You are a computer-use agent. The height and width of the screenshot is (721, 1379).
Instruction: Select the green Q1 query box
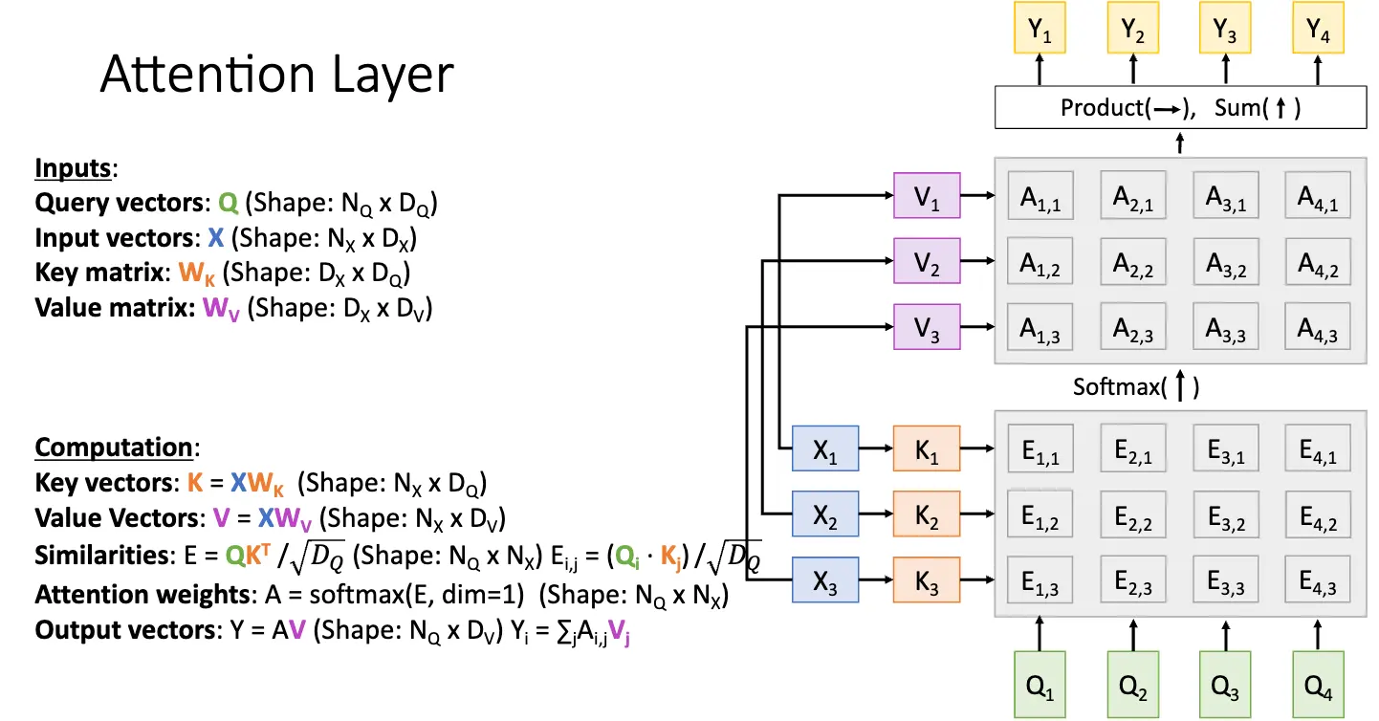1040,684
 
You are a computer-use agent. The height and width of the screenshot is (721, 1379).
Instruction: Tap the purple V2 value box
926,265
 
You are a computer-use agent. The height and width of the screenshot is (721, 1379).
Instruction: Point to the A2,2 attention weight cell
1133,265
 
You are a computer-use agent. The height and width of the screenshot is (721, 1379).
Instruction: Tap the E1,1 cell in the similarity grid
1040,453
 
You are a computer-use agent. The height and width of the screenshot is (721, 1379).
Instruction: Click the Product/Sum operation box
1180,107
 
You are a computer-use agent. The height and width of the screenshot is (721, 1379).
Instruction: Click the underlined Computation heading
114,448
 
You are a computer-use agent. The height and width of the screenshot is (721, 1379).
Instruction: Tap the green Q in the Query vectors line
227,204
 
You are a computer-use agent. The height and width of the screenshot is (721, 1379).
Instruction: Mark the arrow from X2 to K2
876,516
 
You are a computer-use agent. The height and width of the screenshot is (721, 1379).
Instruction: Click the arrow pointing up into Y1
1040,70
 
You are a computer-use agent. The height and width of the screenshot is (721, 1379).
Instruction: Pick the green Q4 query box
1318,684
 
